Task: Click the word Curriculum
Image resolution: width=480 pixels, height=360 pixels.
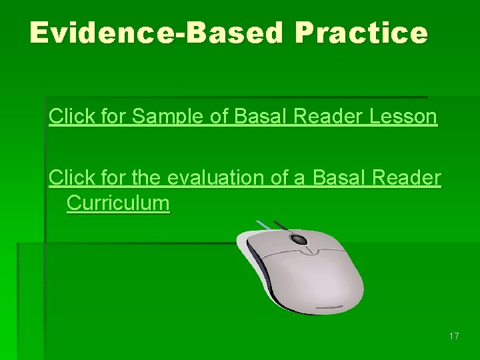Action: (x=118, y=203)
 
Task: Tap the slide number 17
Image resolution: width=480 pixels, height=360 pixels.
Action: (x=454, y=336)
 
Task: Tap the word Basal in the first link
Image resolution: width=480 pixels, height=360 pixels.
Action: (x=254, y=117)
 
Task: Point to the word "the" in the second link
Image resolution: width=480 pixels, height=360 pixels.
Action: (x=147, y=179)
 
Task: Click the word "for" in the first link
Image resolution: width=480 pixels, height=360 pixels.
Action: (x=113, y=117)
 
